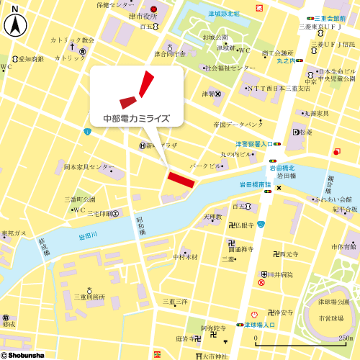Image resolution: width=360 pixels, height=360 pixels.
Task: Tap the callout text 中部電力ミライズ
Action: [136, 119]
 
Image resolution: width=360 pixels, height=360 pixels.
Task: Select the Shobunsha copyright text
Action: [23, 354]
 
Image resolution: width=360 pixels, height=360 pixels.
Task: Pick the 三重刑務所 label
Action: [89, 296]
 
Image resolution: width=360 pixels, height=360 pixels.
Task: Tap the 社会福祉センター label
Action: [230, 68]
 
